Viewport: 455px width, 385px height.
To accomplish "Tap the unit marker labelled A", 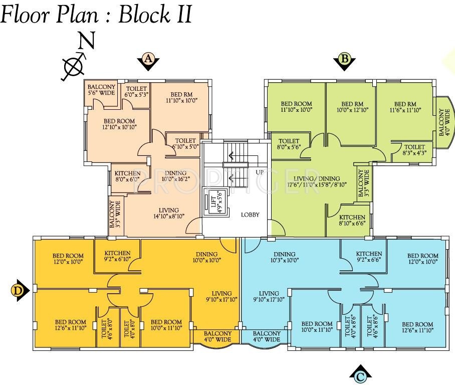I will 148,60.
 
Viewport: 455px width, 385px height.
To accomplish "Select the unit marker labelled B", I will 344,60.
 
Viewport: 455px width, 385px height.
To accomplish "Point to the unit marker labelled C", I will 360,375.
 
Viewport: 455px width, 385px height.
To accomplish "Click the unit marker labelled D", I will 19,290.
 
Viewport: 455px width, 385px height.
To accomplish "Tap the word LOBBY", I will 250,215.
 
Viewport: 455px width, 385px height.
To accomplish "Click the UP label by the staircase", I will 260,172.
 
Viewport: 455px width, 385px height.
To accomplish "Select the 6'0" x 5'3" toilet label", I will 136,91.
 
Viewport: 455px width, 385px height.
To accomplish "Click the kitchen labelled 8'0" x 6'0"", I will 127,176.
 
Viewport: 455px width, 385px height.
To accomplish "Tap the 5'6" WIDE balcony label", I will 102,90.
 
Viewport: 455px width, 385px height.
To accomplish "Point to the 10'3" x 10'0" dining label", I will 284,257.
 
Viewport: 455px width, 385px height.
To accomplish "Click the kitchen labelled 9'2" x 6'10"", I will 117,256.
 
